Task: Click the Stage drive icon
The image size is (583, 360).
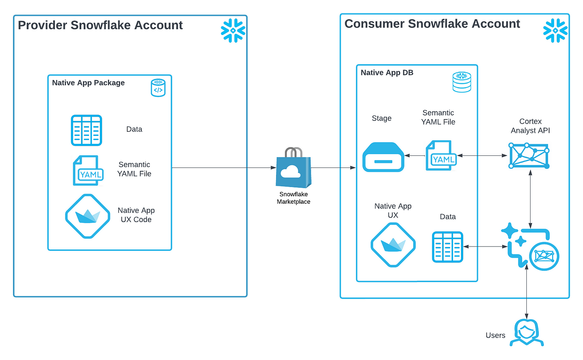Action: click(x=383, y=156)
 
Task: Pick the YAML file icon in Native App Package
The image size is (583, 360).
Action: click(x=86, y=170)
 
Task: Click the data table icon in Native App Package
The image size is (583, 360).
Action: click(x=86, y=130)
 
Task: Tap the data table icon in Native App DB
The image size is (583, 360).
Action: click(x=448, y=247)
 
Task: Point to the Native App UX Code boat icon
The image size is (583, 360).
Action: click(x=87, y=216)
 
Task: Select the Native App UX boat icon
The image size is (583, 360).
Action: click(x=393, y=245)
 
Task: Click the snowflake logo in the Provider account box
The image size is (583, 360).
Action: click(x=233, y=30)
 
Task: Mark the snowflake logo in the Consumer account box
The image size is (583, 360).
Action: click(x=556, y=30)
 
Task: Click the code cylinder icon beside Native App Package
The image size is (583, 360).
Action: click(x=158, y=88)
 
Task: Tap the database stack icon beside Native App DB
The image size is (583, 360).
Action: click(x=461, y=82)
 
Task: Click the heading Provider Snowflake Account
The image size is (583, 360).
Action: click(x=100, y=25)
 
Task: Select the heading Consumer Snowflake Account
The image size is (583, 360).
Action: click(x=432, y=24)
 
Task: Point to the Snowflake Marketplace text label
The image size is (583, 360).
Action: click(x=294, y=198)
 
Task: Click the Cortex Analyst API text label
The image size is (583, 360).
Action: click(x=530, y=125)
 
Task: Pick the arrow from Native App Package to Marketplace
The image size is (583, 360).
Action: click(x=224, y=167)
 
